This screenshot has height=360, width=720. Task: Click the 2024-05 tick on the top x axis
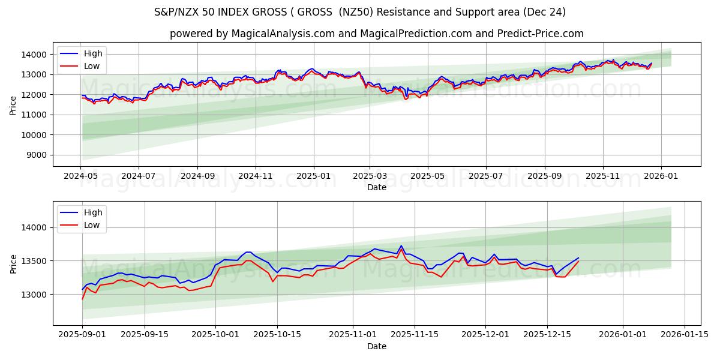(x=80, y=177)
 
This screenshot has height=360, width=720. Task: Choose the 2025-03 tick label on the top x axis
(x=370, y=177)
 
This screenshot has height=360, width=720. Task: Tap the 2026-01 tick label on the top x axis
(x=661, y=177)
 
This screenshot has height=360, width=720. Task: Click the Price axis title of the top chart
(x=13, y=104)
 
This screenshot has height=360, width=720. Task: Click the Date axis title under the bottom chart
(x=376, y=347)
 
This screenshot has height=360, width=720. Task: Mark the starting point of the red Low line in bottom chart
(x=83, y=299)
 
